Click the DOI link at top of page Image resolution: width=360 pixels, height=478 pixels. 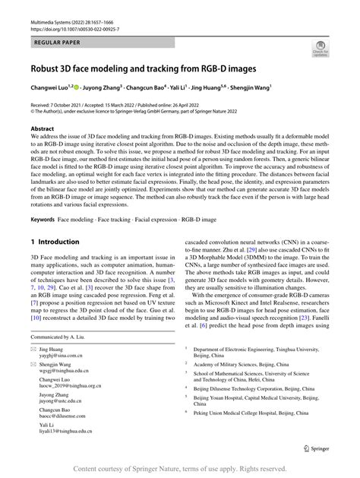point(73,15)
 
